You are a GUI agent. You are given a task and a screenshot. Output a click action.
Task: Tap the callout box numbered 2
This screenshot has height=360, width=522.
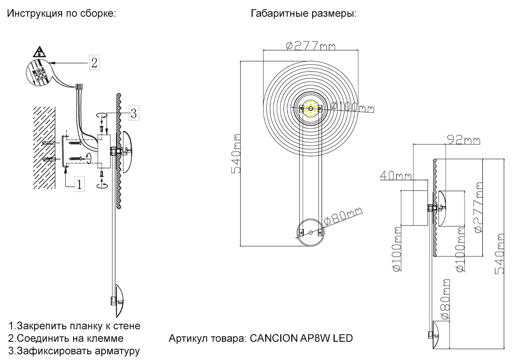93,63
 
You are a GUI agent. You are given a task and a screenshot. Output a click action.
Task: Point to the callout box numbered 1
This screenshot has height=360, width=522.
79,184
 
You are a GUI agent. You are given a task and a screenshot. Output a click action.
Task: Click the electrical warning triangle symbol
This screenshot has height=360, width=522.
39,52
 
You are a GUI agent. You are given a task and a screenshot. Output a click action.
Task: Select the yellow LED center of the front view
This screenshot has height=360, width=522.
311,109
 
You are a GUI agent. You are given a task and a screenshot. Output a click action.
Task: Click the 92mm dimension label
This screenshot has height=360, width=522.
464,140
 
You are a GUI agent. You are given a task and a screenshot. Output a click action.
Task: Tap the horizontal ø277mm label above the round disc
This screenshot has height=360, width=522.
311,45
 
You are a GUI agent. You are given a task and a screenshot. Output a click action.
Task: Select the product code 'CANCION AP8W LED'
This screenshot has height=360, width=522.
302,338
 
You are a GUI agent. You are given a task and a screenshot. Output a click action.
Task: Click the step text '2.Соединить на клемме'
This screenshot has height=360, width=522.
66,339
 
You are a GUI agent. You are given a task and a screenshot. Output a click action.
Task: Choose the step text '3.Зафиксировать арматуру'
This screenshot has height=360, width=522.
74,351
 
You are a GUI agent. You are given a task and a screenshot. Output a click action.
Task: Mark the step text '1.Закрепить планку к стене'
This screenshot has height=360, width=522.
74,326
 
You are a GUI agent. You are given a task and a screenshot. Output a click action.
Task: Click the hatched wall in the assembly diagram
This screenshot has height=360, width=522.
44,149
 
